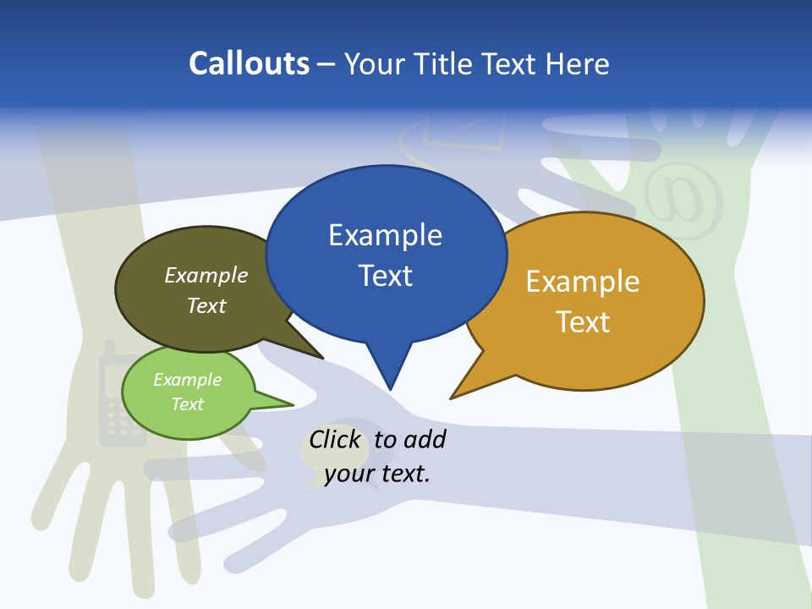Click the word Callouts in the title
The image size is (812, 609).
(x=249, y=63)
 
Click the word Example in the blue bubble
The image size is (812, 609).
(x=385, y=235)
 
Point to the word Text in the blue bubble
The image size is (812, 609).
(x=385, y=276)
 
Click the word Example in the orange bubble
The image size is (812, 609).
(x=583, y=282)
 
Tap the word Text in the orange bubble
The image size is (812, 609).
(x=583, y=322)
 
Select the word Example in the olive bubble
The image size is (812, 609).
(x=206, y=276)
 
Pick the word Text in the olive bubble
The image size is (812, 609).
(x=206, y=305)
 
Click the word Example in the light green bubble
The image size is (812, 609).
(x=187, y=380)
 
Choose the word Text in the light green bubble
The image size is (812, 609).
(x=187, y=404)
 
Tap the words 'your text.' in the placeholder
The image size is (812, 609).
(x=377, y=474)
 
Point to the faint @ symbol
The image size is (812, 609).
(x=683, y=201)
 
